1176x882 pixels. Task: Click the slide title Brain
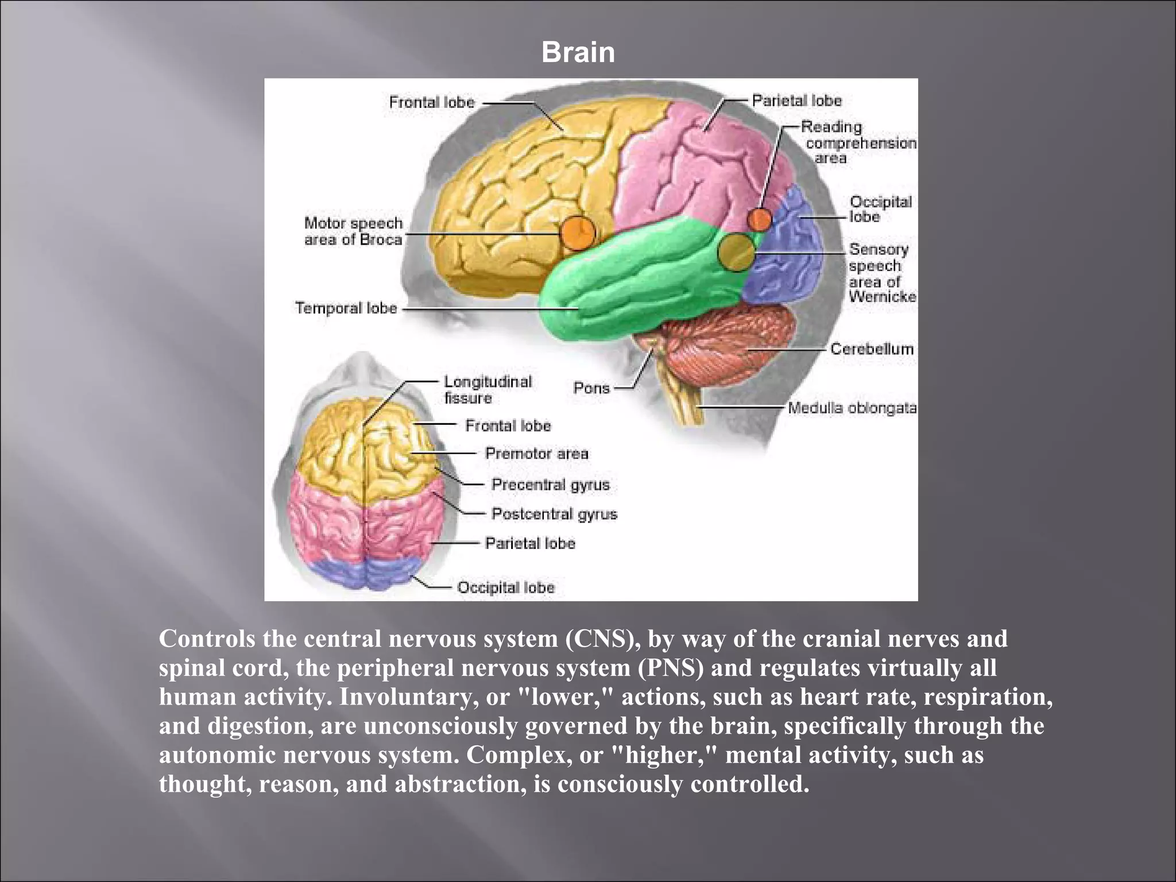pyautogui.click(x=578, y=53)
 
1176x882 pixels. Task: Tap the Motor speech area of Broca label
pyautogui.click(x=354, y=231)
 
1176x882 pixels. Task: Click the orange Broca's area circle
pyautogui.click(x=578, y=233)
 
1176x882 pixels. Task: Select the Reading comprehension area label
pyautogui.click(x=859, y=142)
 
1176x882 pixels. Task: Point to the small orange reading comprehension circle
pyautogui.click(x=760, y=219)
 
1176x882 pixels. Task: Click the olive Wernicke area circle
pyautogui.click(x=736, y=252)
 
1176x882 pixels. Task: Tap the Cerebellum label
pyautogui.click(x=872, y=349)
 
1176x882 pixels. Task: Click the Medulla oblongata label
pyautogui.click(x=852, y=408)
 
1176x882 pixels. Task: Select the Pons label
pyautogui.click(x=591, y=388)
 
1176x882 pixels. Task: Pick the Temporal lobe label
pyautogui.click(x=346, y=308)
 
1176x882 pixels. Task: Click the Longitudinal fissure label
pyautogui.click(x=488, y=389)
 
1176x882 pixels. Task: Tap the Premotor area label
pyautogui.click(x=537, y=454)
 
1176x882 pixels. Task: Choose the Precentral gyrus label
pyautogui.click(x=551, y=485)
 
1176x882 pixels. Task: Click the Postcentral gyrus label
pyautogui.click(x=554, y=514)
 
